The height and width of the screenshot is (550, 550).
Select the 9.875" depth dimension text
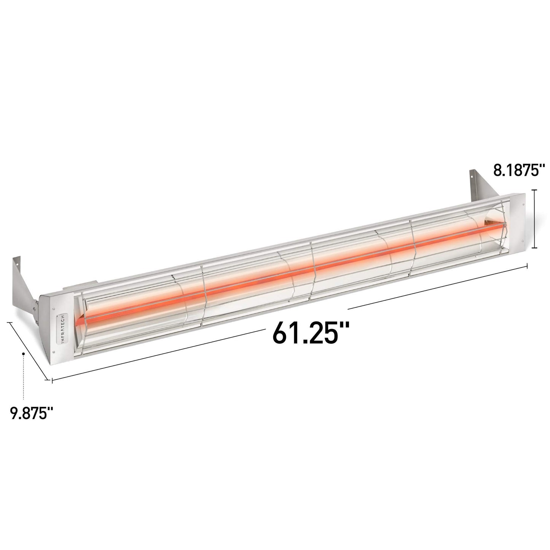(x=31, y=413)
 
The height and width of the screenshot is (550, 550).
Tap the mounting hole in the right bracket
(x=471, y=174)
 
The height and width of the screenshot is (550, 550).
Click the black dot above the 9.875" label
(x=24, y=354)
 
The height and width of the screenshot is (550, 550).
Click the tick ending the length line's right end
(x=527, y=266)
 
